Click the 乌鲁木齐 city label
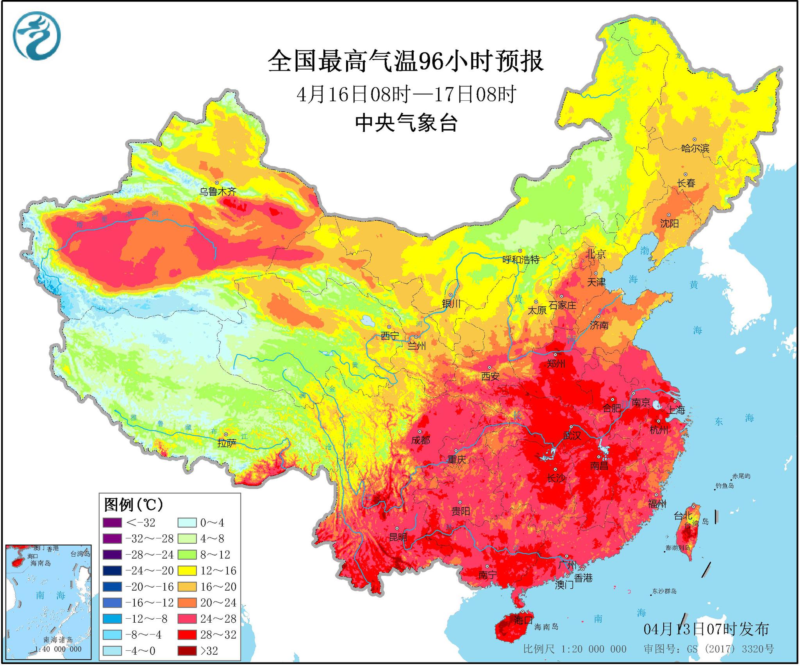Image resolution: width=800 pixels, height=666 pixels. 218,192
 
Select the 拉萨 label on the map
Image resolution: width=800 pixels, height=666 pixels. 227,443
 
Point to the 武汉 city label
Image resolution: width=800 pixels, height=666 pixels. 572,435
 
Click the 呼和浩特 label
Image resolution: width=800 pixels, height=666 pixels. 521,259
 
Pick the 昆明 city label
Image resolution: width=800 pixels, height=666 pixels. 398,537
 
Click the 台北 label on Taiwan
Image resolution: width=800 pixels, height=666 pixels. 683,516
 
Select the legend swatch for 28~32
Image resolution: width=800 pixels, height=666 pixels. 187,635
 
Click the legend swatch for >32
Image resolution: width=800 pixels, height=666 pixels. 187,651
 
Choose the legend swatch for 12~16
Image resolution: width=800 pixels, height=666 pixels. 187,571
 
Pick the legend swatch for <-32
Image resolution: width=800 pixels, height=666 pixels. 112,523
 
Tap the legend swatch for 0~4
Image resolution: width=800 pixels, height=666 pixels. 187,523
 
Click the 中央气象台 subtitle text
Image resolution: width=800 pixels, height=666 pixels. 406,123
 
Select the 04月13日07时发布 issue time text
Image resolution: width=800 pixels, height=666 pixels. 706,629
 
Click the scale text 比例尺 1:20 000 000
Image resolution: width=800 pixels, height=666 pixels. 575,649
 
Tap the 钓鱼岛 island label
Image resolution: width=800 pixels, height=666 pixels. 725,486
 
